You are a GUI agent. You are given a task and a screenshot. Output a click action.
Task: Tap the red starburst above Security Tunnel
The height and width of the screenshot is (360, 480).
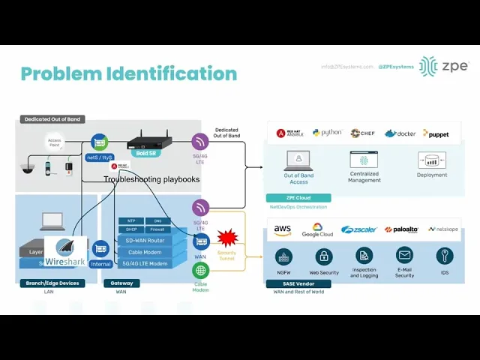[226, 238]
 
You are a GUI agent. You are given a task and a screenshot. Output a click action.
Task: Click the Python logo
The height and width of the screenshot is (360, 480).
[328, 133]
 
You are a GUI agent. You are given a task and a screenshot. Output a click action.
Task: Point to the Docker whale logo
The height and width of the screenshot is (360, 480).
[400, 133]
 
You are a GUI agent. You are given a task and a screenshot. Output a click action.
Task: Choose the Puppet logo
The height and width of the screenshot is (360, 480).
[436, 133]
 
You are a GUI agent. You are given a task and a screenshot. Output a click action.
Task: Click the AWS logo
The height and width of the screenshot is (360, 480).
[283, 230]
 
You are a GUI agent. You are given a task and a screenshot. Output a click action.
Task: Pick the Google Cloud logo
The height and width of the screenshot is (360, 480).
[318, 229]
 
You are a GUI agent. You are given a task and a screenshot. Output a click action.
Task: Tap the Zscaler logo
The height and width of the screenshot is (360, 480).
[358, 230]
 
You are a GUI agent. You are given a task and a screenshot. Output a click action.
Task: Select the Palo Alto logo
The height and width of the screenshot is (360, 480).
[400, 230]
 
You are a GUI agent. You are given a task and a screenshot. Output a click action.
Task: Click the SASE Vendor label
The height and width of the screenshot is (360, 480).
[285, 283]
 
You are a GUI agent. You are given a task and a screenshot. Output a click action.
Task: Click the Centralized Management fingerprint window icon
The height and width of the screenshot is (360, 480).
[364, 160]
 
